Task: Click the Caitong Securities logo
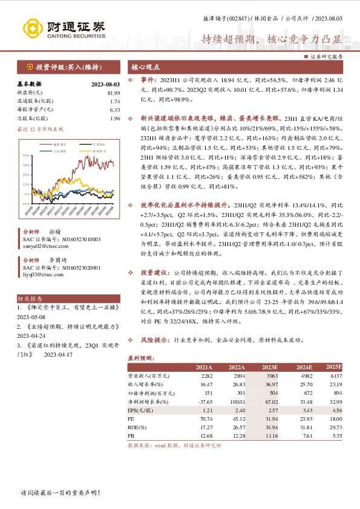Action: pyautogui.click(x=64, y=28)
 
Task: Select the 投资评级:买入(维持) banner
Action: pyautogui.click(x=58, y=67)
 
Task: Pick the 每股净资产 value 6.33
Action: pyautogui.click(x=115, y=109)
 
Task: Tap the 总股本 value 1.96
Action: pyautogui.click(x=115, y=118)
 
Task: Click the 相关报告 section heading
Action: pyautogui.click(x=30, y=299)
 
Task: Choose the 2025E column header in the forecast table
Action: pyautogui.click(x=333, y=367)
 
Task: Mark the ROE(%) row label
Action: pyautogui.click(x=137, y=426)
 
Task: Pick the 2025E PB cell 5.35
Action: pyautogui.click(x=335, y=434)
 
